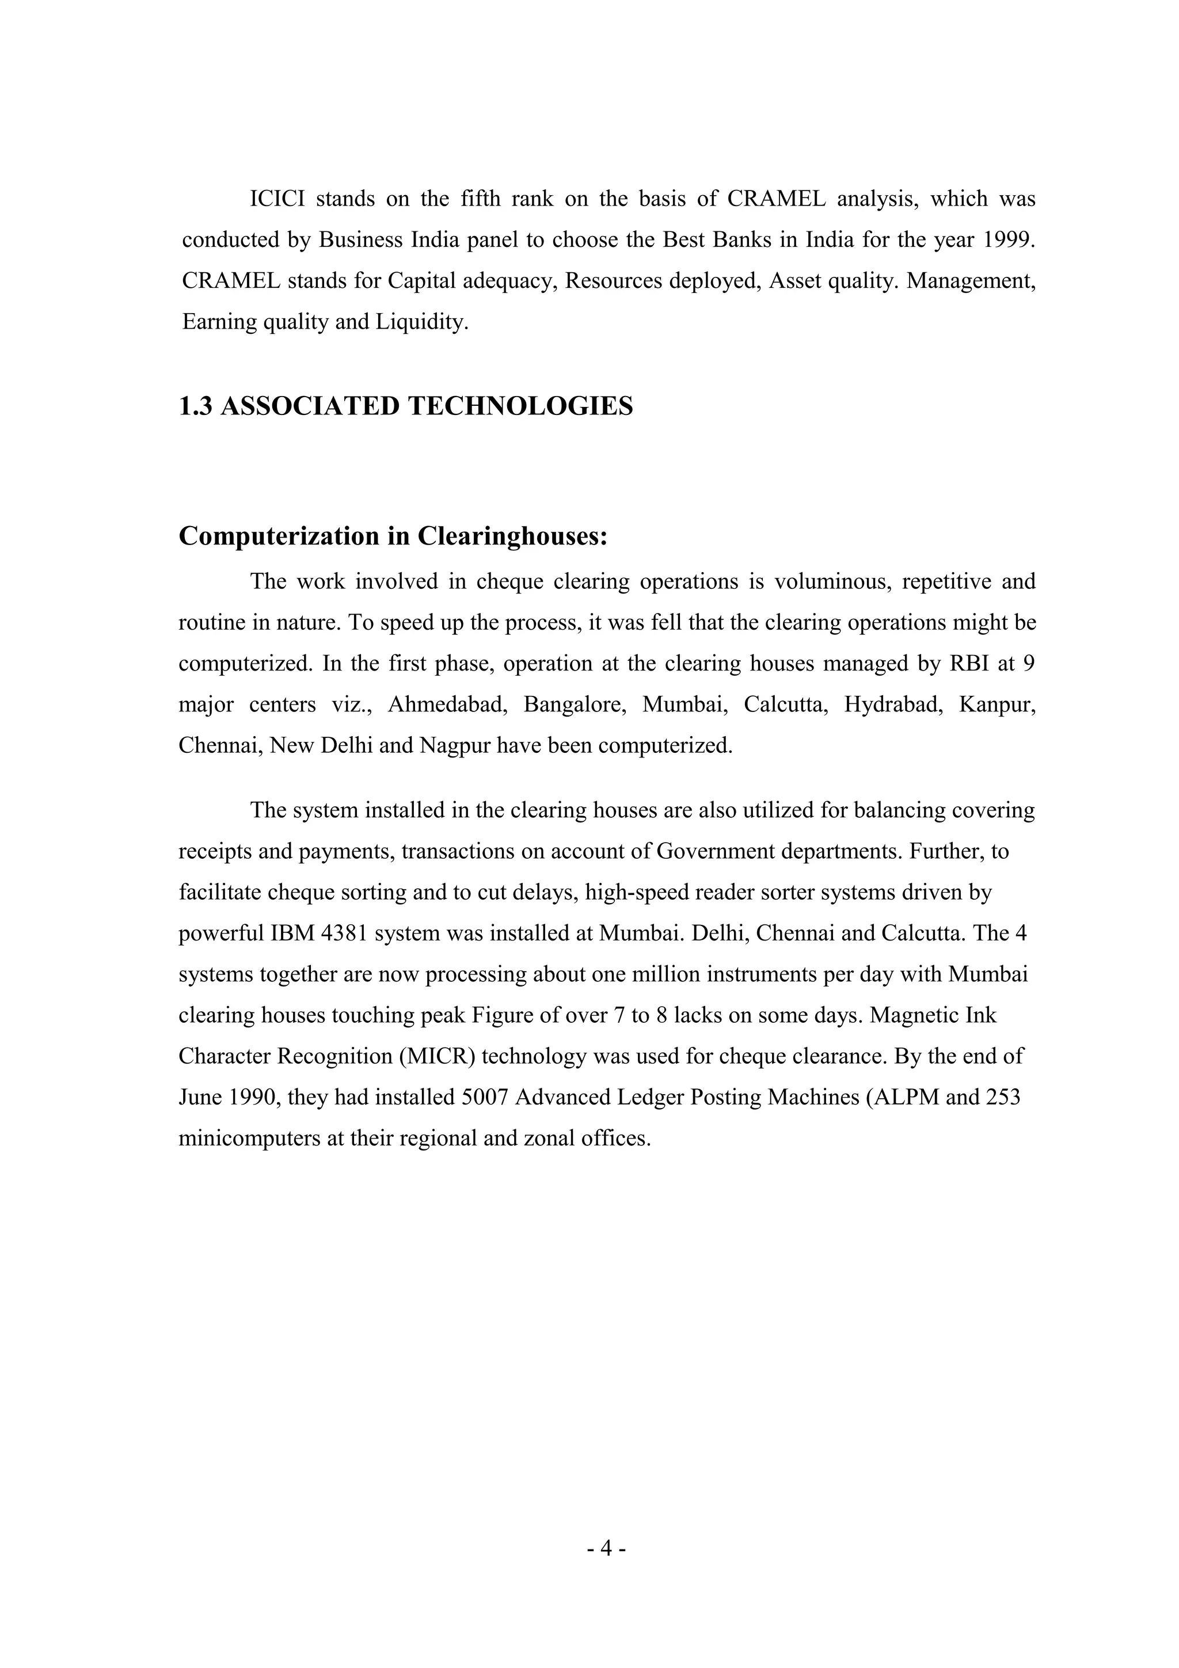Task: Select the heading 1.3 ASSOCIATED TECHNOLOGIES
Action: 406,406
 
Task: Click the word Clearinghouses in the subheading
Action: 512,536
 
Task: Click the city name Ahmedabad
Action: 447,704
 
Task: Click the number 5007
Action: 485,1096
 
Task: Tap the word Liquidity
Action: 421,322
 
